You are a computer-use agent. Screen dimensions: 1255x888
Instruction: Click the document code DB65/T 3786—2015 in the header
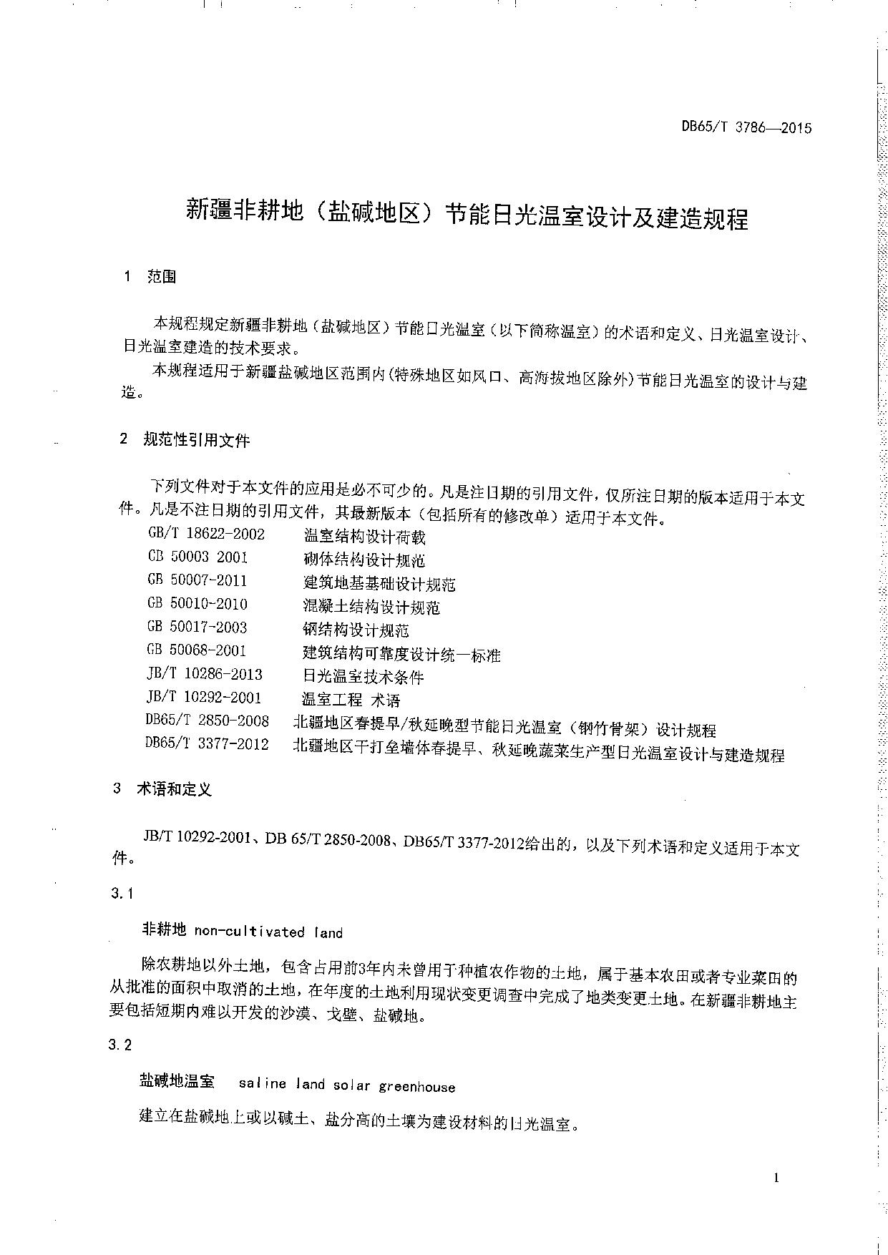746,128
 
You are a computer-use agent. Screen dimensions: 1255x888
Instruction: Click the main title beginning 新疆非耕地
467,215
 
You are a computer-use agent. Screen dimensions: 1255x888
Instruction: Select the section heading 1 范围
150,277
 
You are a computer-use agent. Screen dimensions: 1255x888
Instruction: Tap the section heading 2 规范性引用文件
185,440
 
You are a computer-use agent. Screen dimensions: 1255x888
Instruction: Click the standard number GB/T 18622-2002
206,534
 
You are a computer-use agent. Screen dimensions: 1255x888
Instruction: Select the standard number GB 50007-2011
197,580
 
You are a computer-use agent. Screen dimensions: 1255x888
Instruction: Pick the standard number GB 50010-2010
197,604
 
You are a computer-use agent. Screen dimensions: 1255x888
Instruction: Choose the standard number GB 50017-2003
197,627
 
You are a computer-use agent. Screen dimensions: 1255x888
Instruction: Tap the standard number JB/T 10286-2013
204,674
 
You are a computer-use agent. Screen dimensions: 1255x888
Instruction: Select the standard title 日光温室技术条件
364,677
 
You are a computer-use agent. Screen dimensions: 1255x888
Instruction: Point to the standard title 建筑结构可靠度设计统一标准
401,654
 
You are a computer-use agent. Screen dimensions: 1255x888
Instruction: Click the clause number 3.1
123,894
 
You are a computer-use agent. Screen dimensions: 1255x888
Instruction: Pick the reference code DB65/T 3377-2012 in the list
207,744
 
